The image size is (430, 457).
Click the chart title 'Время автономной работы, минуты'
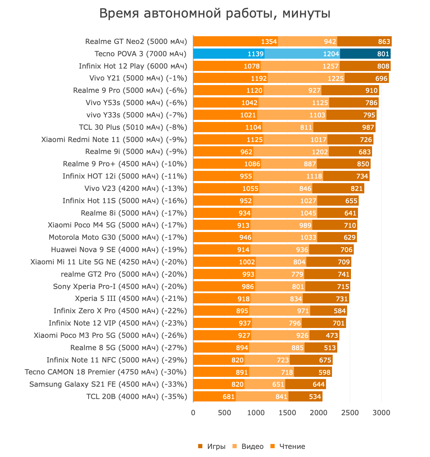click(x=215, y=14)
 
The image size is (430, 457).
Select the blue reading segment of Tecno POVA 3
click(x=228, y=54)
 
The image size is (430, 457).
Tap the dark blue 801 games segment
click(x=365, y=54)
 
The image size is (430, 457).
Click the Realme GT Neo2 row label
click(x=136, y=41)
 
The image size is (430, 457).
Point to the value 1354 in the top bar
click(x=269, y=42)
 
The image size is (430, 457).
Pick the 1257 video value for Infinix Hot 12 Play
click(x=330, y=66)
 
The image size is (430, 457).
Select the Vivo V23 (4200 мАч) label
click(x=136, y=188)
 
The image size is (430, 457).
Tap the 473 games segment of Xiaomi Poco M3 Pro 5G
click(x=324, y=335)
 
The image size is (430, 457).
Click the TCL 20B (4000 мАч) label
click(x=137, y=397)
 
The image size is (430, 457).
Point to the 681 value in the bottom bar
click(x=229, y=397)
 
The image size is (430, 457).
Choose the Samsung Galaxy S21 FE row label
click(x=108, y=384)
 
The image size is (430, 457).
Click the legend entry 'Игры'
click(x=212, y=446)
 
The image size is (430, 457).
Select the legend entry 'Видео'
click(x=248, y=446)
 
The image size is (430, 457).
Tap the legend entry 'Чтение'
click(x=288, y=446)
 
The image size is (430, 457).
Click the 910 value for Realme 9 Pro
click(x=371, y=91)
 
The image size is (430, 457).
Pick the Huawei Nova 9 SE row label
click(x=119, y=250)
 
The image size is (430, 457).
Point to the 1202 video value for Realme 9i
click(x=320, y=152)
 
